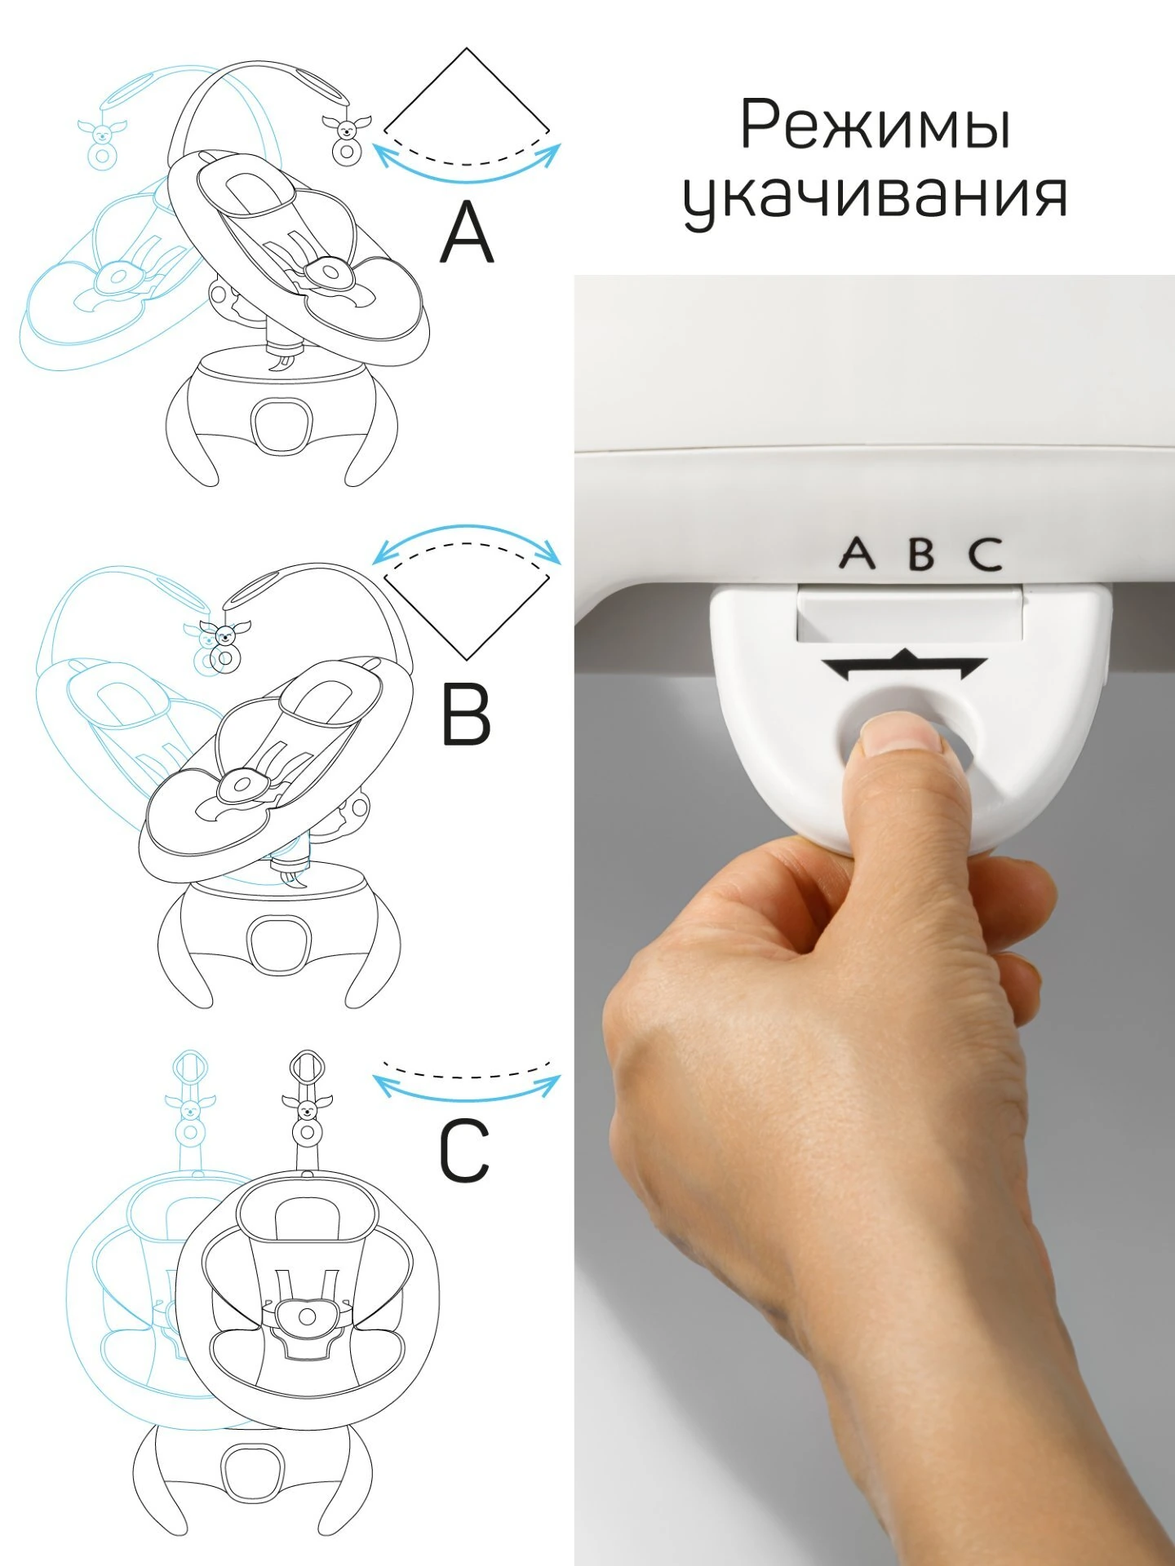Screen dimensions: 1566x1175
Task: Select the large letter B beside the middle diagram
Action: coord(466,714)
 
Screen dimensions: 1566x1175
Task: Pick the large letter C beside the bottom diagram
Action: coord(464,1151)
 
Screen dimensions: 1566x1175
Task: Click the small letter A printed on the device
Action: coord(857,554)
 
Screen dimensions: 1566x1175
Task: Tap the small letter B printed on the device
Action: coord(921,554)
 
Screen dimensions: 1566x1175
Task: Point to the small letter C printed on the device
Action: coord(986,554)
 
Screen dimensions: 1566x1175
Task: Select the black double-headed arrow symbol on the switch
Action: coord(904,666)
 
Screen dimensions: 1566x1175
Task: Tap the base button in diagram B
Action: coord(279,944)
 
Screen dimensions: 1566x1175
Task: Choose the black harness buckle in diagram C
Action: coord(307,1316)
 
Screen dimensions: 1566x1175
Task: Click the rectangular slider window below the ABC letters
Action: coord(909,614)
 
